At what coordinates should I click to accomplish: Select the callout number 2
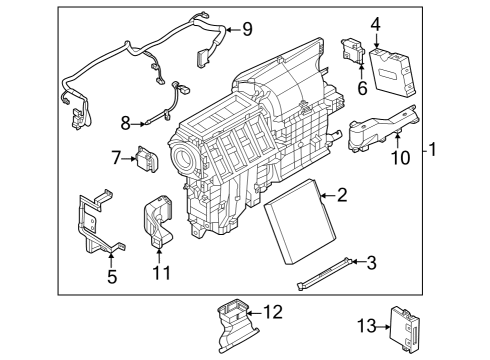(x=341, y=195)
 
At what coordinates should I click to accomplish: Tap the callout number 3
(x=370, y=263)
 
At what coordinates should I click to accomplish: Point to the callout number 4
(x=375, y=23)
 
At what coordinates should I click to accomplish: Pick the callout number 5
(x=112, y=277)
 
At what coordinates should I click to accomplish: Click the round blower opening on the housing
(x=186, y=161)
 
